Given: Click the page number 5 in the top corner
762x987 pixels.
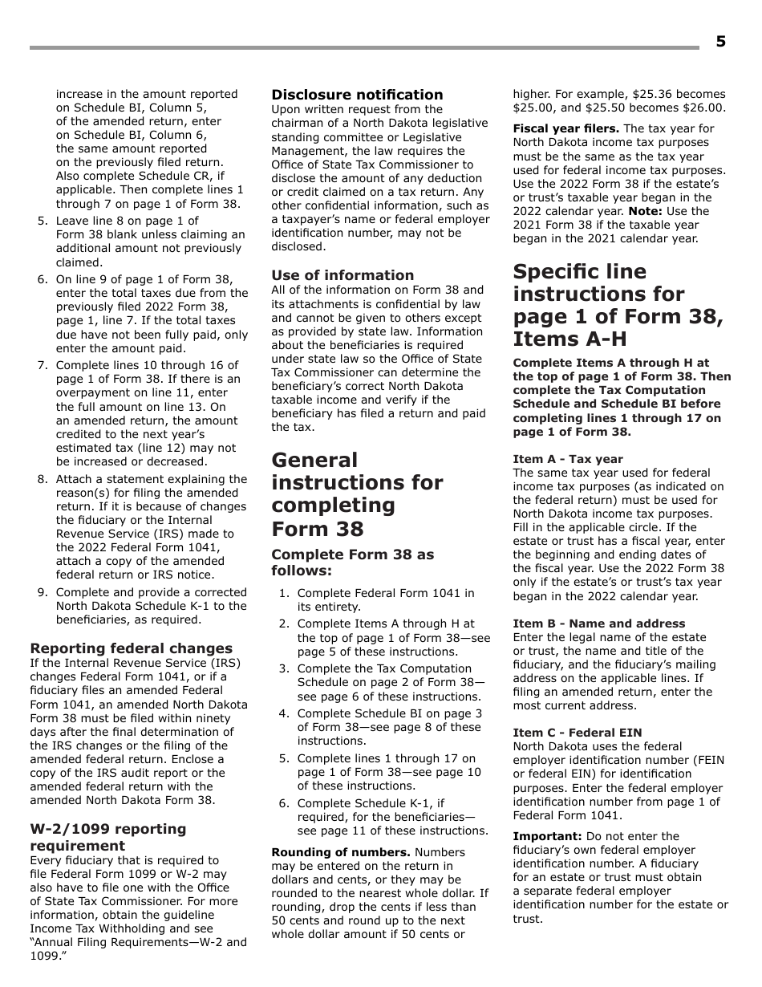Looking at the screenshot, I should click(x=720, y=42).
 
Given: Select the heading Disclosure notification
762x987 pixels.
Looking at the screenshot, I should click(x=357, y=95).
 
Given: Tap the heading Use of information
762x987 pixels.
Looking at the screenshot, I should click(x=342, y=275).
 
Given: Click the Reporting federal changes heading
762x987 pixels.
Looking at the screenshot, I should click(x=132, y=648).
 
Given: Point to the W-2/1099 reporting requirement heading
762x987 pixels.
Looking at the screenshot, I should click(x=107, y=837).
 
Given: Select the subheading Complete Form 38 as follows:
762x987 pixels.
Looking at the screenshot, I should click(x=352, y=563).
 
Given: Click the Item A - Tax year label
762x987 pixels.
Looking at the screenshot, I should click(x=567, y=459).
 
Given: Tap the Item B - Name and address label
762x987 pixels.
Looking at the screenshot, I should click(x=598, y=623).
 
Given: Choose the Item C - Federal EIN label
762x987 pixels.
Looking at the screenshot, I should click(x=577, y=733).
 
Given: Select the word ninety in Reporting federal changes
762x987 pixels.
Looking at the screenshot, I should click(x=229, y=718).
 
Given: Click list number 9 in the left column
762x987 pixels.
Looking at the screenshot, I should click(x=43, y=593).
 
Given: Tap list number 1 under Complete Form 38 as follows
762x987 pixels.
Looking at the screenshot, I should click(x=284, y=593).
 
